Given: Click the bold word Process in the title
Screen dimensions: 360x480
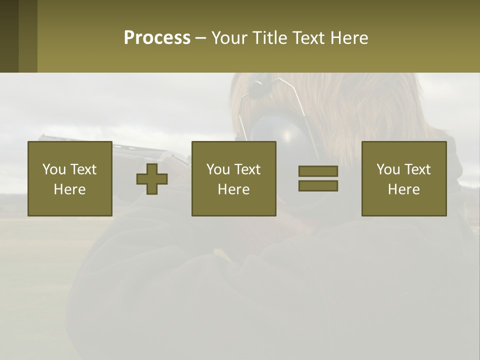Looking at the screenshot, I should click(157, 38).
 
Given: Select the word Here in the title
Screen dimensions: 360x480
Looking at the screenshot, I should click(349, 38).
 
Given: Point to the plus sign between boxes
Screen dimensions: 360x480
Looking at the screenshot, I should click(152, 179).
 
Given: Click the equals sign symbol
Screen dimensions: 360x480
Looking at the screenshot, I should click(318, 178).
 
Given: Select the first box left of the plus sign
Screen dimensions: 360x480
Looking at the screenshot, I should click(69, 178).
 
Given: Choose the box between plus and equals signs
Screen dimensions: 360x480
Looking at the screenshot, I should click(233, 178).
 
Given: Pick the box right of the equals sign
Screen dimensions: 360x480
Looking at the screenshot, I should click(403, 178).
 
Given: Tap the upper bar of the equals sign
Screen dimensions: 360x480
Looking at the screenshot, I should click(318, 171).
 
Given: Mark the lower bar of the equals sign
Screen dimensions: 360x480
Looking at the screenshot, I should click(318, 186).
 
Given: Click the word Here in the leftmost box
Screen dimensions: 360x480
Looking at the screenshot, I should click(69, 189).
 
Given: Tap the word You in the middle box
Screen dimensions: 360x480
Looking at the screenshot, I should click(218, 169).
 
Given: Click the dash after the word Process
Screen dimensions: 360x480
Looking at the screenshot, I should click(200, 38).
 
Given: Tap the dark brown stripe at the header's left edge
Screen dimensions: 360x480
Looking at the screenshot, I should click(9, 36).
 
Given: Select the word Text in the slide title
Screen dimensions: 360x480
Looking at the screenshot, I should click(310, 38).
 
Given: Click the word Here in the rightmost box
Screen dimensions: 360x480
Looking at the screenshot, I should click(403, 189).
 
